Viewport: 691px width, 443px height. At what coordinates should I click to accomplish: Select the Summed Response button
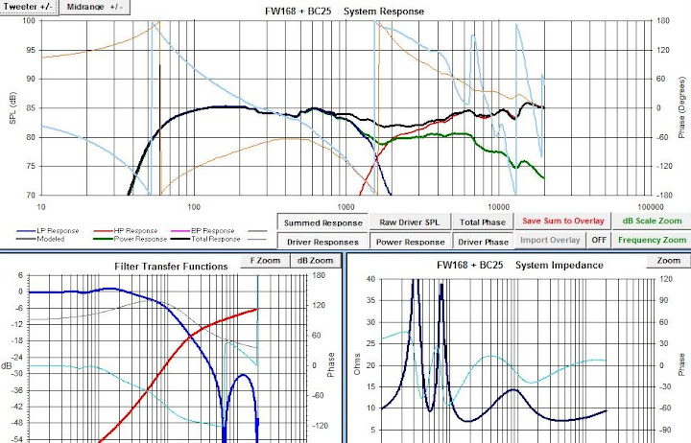[x=322, y=221]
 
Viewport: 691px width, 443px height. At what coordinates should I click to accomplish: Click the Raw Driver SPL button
[x=409, y=221]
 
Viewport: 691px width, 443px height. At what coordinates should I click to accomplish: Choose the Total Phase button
[x=482, y=221]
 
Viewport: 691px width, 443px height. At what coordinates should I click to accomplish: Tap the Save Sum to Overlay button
[x=562, y=221]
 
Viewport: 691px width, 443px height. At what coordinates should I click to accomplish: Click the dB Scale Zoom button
[x=652, y=221]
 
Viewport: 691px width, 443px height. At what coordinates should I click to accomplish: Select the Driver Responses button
[x=322, y=242]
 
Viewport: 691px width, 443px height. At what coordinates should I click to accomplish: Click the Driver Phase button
[x=482, y=242]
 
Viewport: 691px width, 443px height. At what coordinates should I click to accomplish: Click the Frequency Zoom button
[x=652, y=241]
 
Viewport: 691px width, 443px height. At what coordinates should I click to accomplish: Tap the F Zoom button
[x=266, y=261]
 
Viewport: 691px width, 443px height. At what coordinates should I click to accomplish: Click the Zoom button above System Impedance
[x=668, y=261]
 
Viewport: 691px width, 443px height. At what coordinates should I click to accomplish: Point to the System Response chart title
[x=345, y=12]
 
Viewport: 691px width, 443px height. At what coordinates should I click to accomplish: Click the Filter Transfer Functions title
[x=171, y=266]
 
